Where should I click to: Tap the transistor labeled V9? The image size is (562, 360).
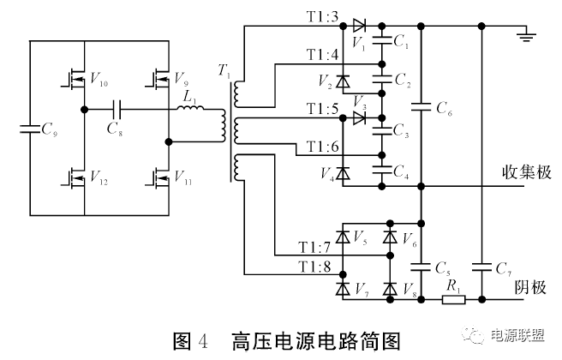160,81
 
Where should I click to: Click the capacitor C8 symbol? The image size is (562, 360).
119,110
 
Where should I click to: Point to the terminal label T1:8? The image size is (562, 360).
315,267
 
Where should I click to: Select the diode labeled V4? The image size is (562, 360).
343,174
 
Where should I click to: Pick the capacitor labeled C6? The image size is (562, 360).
421,108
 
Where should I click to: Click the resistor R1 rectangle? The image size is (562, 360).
453,300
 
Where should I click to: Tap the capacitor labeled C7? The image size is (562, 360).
483,267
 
